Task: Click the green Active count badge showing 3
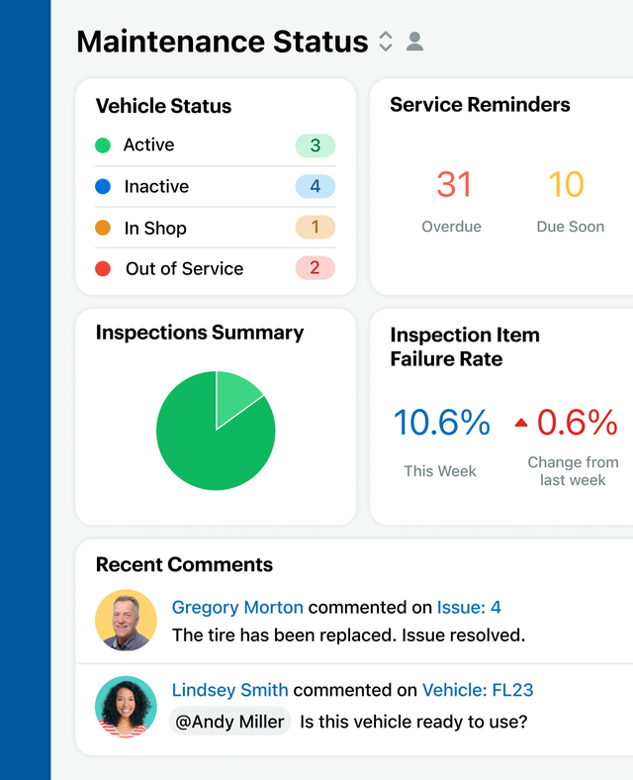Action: pyautogui.click(x=315, y=146)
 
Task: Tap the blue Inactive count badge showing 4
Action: pyautogui.click(x=315, y=186)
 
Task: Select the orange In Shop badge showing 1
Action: pyautogui.click(x=315, y=228)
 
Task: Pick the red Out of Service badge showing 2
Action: pyautogui.click(x=315, y=268)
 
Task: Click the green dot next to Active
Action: pyautogui.click(x=103, y=146)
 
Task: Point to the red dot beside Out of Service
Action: pyautogui.click(x=103, y=268)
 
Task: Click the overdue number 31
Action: pyautogui.click(x=454, y=185)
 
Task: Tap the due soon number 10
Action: pyautogui.click(x=566, y=185)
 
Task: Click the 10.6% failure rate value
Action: pyautogui.click(x=441, y=423)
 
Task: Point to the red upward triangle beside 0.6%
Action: pyautogui.click(x=521, y=424)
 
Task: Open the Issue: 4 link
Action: pyautogui.click(x=470, y=607)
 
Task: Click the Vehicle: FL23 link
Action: pyautogui.click(x=478, y=690)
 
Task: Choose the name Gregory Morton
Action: pyautogui.click(x=237, y=607)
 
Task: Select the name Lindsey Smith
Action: pyautogui.click(x=230, y=690)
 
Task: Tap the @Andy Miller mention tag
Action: pyautogui.click(x=229, y=722)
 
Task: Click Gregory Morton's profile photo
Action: pyautogui.click(x=126, y=621)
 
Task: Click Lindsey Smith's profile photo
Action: pyautogui.click(x=126, y=706)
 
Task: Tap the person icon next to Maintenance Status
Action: pyautogui.click(x=415, y=42)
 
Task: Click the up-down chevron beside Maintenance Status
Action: pyautogui.click(x=386, y=42)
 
